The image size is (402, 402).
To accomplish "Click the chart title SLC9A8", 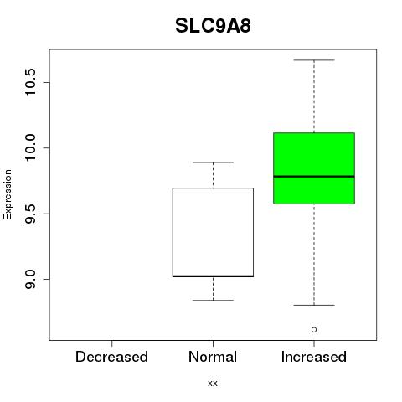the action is click(x=213, y=26).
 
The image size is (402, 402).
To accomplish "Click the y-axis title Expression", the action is click(x=8, y=194).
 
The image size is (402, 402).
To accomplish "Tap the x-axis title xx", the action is click(x=213, y=384).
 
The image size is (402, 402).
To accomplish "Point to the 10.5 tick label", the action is click(x=30, y=82).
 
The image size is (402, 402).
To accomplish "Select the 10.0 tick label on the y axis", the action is click(x=30, y=148).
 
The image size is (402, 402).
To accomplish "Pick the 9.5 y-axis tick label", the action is click(x=30, y=214).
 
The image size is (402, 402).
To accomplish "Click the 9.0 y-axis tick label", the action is click(x=30, y=279).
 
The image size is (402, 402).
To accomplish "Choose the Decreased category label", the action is click(x=111, y=357).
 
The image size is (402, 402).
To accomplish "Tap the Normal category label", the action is click(x=213, y=357).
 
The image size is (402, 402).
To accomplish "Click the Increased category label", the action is click(x=314, y=357).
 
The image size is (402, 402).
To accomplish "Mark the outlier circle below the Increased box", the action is click(x=314, y=330).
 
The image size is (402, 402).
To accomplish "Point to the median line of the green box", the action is click(x=314, y=177).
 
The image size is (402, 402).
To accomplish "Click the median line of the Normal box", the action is click(x=213, y=276).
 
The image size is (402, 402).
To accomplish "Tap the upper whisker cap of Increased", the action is click(x=314, y=60).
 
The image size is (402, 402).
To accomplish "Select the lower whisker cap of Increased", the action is click(x=314, y=305).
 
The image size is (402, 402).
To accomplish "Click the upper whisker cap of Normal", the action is click(x=213, y=162).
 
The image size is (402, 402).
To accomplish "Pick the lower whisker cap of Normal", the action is click(x=213, y=301).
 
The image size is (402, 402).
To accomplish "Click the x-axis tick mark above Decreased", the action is click(x=111, y=343).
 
